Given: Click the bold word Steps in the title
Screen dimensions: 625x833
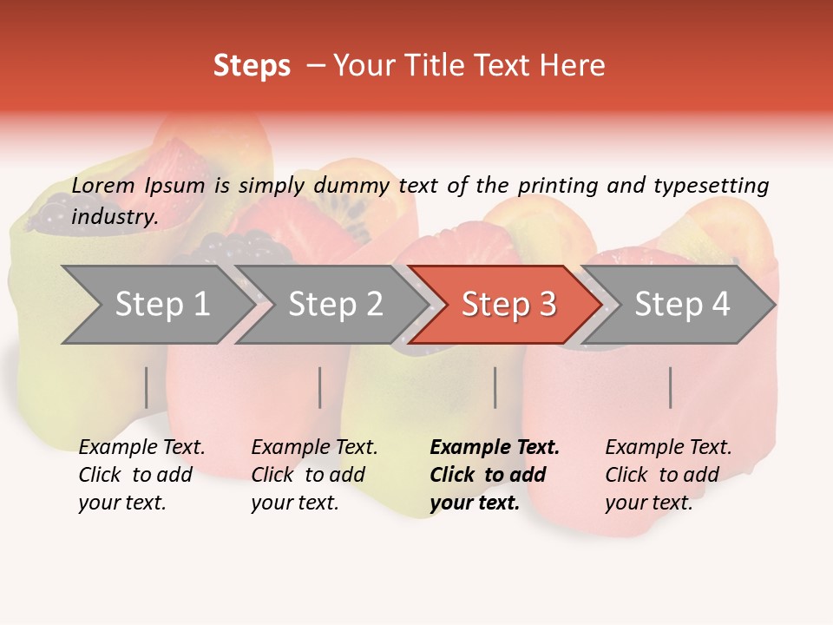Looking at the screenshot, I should pyautogui.click(x=252, y=66).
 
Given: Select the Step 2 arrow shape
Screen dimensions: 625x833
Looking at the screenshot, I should pyautogui.click(x=335, y=305).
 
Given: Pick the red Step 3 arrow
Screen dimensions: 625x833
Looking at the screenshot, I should pyautogui.click(x=508, y=305).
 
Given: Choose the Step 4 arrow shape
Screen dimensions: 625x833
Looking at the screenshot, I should pyautogui.click(x=682, y=305).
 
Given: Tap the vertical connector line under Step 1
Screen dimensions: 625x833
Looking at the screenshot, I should pyautogui.click(x=147, y=387).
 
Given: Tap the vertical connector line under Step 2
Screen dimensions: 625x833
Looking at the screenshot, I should pyautogui.click(x=320, y=387).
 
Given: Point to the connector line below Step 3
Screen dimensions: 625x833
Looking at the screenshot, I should pyautogui.click(x=495, y=387).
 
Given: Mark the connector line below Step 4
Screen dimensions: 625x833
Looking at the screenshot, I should pyautogui.click(x=671, y=387).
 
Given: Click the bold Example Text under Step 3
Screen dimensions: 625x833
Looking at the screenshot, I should pyautogui.click(x=495, y=448).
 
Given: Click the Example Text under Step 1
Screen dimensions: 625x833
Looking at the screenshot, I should pyautogui.click(x=141, y=448).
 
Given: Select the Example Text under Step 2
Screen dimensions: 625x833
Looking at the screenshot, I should pyautogui.click(x=314, y=448).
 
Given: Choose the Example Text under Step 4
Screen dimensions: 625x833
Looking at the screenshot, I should pyautogui.click(x=668, y=448).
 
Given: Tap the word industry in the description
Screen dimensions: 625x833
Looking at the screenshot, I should pyautogui.click(x=114, y=217).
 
